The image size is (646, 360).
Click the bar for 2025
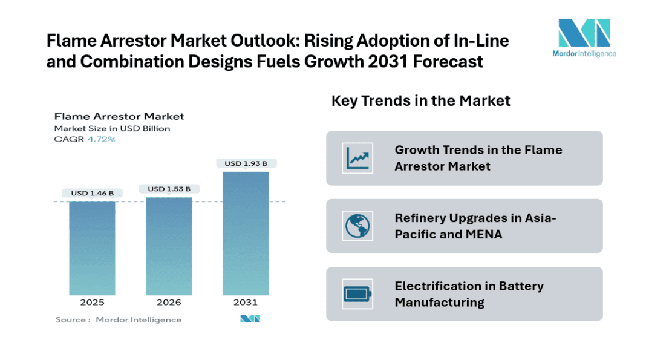(x=92, y=248)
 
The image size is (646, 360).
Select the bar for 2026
(x=169, y=246)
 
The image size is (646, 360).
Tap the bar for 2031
(x=246, y=233)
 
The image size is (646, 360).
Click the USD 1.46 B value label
(x=92, y=194)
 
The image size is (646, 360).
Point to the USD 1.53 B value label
(x=169, y=189)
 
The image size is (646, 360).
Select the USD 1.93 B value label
(x=246, y=163)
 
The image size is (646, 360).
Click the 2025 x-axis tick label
(x=92, y=303)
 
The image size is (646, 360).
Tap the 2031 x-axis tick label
(x=246, y=303)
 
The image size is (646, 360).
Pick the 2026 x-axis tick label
(x=169, y=303)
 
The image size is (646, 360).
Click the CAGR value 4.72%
(x=102, y=139)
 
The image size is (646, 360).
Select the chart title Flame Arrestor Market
(x=119, y=116)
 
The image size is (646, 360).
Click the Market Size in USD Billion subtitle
(x=112, y=128)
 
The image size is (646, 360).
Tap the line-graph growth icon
(x=357, y=158)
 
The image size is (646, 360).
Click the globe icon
(x=357, y=226)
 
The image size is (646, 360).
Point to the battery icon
(x=357, y=294)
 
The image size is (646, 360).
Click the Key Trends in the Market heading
(x=420, y=100)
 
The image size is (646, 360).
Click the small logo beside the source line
(x=250, y=319)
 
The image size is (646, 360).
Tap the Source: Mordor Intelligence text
(x=119, y=319)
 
